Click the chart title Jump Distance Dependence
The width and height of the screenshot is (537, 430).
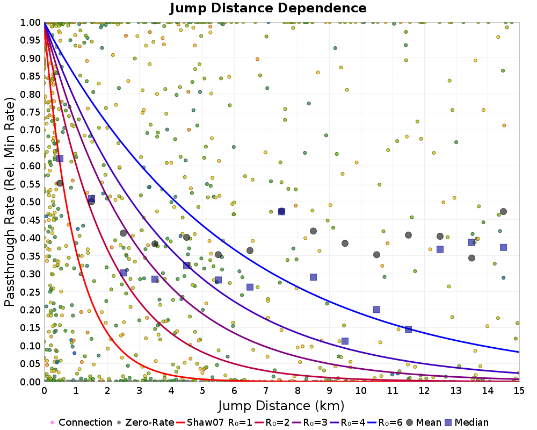(268, 8)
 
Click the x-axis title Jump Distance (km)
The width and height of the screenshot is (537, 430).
(281, 405)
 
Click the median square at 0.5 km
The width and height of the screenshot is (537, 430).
(60, 158)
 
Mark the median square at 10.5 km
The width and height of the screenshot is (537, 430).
(376, 310)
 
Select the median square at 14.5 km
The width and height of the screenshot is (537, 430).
(503, 247)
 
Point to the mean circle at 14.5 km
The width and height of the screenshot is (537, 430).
(503, 211)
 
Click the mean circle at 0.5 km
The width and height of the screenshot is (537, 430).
(60, 183)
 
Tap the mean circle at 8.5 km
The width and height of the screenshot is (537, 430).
(313, 231)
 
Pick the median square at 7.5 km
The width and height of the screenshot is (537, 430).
(281, 211)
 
